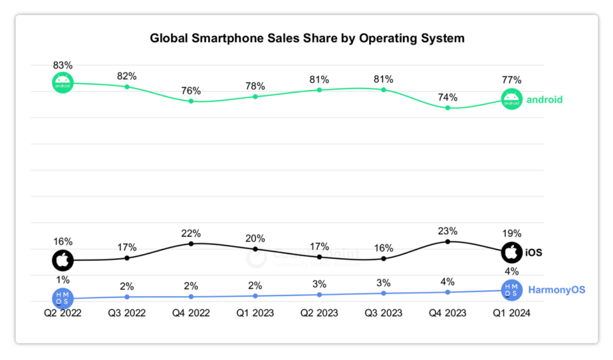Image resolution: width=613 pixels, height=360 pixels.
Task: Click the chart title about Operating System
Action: pyautogui.click(x=307, y=38)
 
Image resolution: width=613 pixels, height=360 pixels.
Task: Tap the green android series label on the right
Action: pyautogui.click(x=545, y=100)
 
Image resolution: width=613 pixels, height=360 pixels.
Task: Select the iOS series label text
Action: pyautogui.click(x=534, y=253)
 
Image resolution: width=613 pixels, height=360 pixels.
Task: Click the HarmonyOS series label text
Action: pyautogui.click(x=557, y=290)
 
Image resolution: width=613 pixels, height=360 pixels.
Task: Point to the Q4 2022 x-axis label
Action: pyautogui.click(x=191, y=313)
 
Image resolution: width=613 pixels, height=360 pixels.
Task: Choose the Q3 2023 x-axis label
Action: pyautogui.click(x=383, y=313)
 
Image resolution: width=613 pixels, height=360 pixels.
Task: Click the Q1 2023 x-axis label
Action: pyautogui.click(x=255, y=313)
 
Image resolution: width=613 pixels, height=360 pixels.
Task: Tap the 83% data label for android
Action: pyautogui.click(x=63, y=65)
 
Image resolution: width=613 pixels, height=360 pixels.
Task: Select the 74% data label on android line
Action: pyautogui.click(x=448, y=98)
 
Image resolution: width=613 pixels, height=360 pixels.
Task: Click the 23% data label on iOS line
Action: pyautogui.click(x=448, y=230)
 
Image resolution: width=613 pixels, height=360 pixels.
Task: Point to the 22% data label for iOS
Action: pyautogui.click(x=191, y=233)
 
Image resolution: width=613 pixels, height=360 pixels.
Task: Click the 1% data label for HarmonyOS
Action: pyautogui.click(x=63, y=280)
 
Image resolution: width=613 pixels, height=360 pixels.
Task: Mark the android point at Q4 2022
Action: pyautogui.click(x=191, y=101)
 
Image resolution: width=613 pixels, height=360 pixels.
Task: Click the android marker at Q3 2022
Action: pyautogui.click(x=127, y=86)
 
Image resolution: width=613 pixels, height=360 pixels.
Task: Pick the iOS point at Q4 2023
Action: pyautogui.click(x=448, y=241)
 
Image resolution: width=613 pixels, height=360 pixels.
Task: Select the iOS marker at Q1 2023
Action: pyautogui.click(x=255, y=248)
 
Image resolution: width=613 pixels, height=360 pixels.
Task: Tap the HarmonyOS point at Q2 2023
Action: pyautogui.click(x=319, y=294)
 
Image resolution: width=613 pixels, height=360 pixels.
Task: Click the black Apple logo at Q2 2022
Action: pyautogui.click(x=63, y=260)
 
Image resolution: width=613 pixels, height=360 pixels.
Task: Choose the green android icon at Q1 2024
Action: pyautogui.click(x=511, y=100)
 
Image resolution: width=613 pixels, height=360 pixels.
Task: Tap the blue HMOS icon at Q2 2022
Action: pyautogui.click(x=63, y=297)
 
